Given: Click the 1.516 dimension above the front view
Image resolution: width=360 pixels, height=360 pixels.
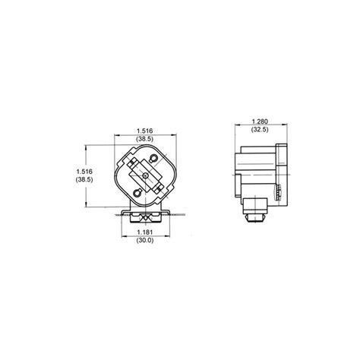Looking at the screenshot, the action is coord(145,131).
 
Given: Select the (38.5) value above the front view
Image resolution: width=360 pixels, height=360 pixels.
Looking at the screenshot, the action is coord(145,139).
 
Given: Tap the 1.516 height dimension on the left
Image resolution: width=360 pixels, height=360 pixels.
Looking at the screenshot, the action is coord(84,172).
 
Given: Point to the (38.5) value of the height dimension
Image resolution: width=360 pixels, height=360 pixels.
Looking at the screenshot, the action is coord(84,179).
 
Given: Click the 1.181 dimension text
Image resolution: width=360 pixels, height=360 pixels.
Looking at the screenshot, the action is coord(145,232).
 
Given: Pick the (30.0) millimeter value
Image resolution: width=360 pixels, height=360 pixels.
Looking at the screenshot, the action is coord(145,240).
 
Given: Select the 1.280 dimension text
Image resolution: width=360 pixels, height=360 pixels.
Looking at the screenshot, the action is coord(260,122).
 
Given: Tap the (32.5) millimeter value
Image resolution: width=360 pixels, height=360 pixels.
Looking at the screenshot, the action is coord(260,129).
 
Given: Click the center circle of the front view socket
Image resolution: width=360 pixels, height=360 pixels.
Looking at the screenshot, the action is coord(146,175).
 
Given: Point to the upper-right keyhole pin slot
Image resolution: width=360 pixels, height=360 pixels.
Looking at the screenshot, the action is coord(153,159).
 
